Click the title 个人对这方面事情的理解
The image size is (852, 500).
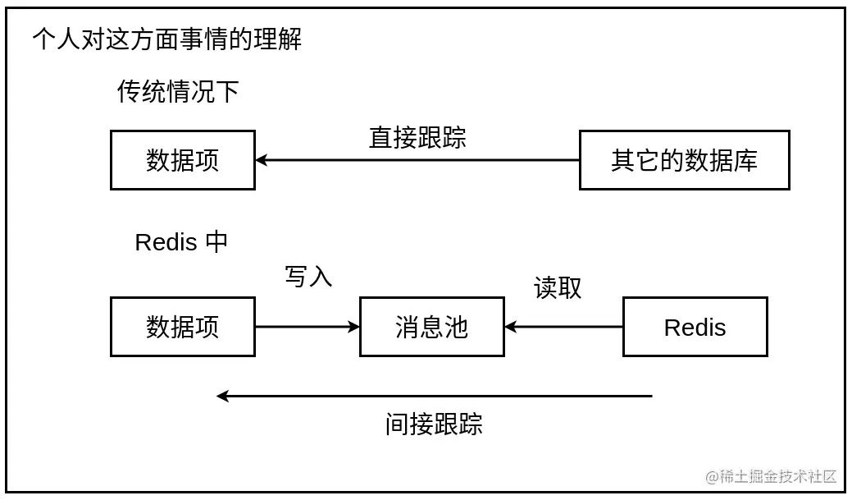tap(166, 39)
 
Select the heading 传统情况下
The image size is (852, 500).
tap(178, 91)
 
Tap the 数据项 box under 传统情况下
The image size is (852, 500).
tap(183, 160)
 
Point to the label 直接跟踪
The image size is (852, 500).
tap(417, 137)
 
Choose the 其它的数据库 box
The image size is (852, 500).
tap(684, 160)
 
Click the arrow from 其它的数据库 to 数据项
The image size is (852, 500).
tap(418, 160)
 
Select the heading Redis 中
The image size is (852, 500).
tap(180, 242)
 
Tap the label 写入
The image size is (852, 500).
tap(308, 277)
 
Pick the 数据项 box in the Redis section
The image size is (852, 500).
tap(183, 327)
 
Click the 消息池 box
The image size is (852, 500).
tap(432, 327)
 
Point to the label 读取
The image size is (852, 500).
tap(558, 287)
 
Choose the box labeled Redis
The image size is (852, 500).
tap(695, 327)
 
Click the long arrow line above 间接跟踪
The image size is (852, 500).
tap(435, 396)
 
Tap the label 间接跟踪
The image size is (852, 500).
tap(434, 424)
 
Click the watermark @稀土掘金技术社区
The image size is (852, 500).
tap(771, 476)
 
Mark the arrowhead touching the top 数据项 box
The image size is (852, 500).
tap(262, 160)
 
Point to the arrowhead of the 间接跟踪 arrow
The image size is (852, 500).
tap(222, 396)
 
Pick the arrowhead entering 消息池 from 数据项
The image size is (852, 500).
tap(354, 327)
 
